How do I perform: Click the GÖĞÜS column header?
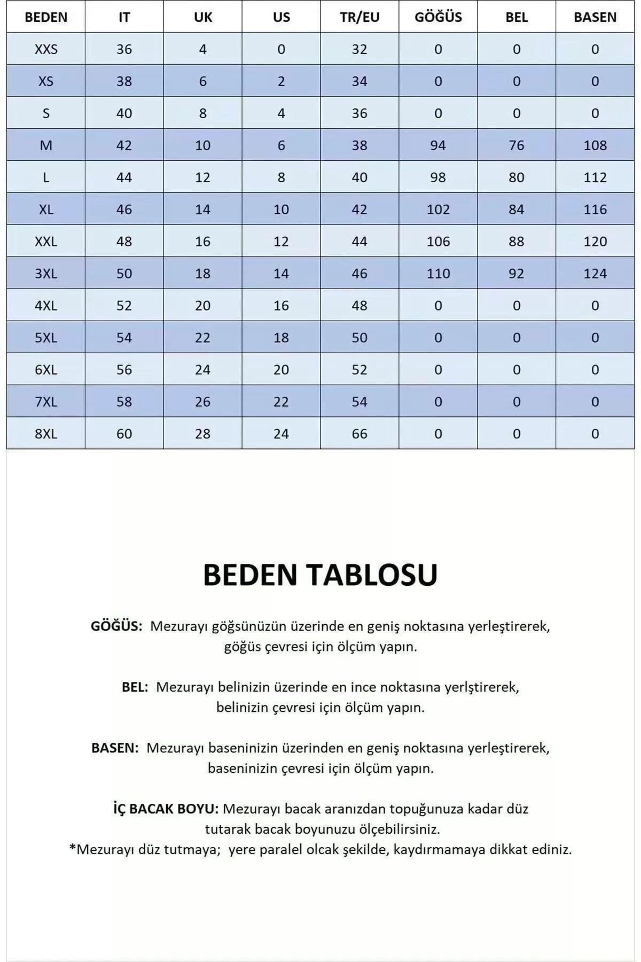[438, 17]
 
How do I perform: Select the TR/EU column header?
[359, 17]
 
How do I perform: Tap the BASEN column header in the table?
[595, 17]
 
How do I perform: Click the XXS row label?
[46, 49]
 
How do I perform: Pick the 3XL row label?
[46, 274]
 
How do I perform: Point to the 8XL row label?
[46, 434]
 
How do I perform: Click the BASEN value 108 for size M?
[595, 145]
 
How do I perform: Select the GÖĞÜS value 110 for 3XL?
[438, 274]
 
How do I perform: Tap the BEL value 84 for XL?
[517, 210]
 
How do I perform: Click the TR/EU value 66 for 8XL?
[359, 434]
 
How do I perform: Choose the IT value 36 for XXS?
[124, 49]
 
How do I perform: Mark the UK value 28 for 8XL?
[202, 434]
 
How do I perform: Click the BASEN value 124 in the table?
[595, 274]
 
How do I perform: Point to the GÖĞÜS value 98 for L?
[438, 177]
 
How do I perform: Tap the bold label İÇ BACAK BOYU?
[166, 809]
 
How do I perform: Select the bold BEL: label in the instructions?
[135, 687]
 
